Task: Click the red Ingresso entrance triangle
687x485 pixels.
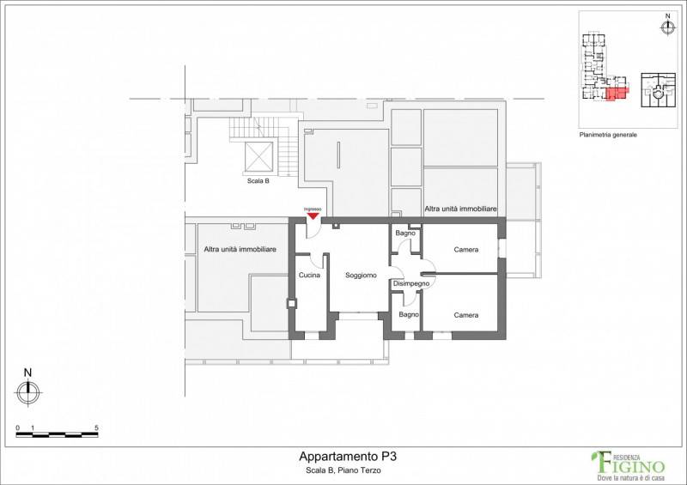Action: [313, 215]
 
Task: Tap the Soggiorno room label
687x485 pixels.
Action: [361, 276]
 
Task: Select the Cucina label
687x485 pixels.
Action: [309, 276]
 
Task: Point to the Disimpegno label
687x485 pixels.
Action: [411, 284]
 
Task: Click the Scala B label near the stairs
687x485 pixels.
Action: [258, 180]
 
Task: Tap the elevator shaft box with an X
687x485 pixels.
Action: [258, 156]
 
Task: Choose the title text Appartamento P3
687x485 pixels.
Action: [348, 456]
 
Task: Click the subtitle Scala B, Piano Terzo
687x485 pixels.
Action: [343, 470]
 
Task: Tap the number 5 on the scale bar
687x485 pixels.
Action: [96, 428]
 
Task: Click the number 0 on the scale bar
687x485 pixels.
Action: [17, 428]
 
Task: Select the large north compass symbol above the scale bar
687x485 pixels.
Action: [28, 388]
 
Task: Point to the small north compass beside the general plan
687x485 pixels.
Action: [668, 25]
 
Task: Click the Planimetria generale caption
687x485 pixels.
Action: [608, 135]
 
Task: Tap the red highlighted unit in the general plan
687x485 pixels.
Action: [616, 94]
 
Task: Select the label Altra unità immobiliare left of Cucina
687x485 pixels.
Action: [240, 249]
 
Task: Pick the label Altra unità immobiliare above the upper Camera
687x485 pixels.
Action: [460, 209]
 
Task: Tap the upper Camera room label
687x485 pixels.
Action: [466, 250]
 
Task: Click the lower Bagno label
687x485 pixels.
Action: [409, 314]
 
